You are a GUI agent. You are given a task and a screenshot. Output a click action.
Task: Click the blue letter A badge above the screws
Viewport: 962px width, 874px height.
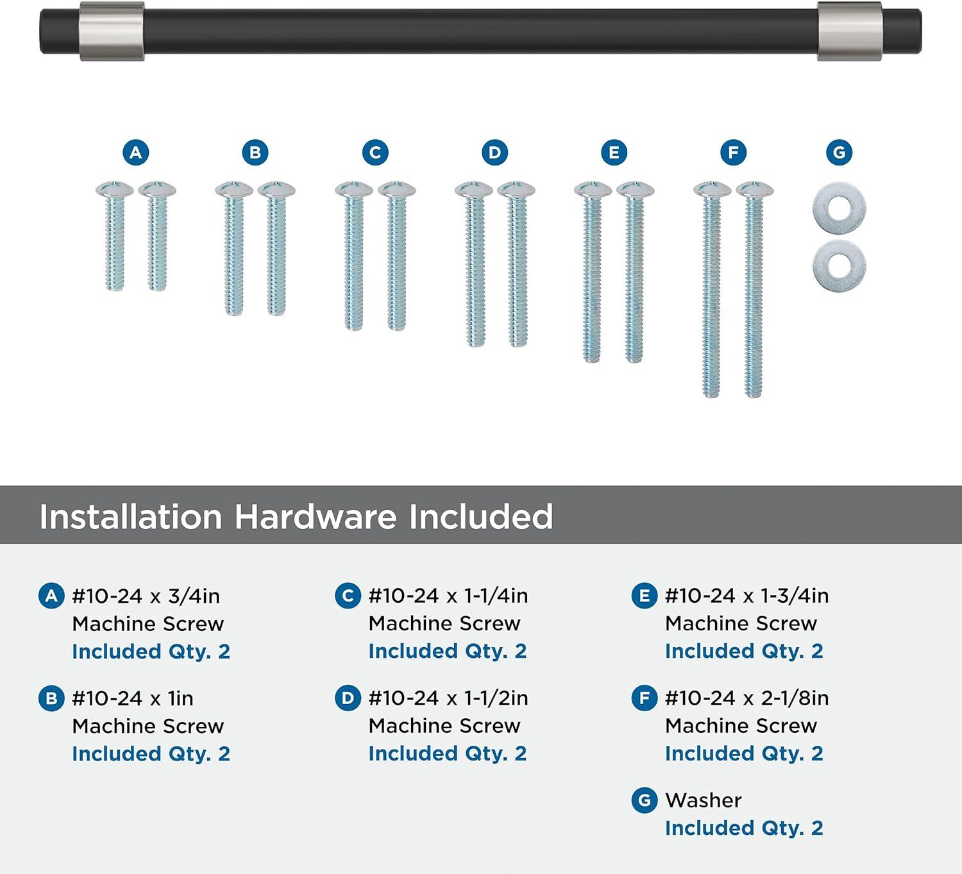[136, 153]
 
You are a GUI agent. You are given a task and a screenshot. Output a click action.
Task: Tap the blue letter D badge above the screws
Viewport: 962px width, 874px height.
[494, 153]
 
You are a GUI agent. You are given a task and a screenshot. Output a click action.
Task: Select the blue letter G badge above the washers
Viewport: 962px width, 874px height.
[840, 153]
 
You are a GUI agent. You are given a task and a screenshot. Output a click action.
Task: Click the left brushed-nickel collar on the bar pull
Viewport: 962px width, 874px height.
[112, 31]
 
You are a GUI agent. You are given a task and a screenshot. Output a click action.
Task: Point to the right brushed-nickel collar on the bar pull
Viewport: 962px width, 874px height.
[850, 31]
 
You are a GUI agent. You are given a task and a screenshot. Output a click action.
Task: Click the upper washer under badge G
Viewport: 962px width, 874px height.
[840, 208]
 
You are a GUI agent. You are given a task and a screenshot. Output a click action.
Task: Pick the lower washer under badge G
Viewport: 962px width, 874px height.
[840, 265]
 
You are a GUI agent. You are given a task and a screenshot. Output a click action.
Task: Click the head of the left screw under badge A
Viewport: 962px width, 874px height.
[115, 189]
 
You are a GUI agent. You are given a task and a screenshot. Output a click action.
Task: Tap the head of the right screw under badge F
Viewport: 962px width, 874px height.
[754, 189]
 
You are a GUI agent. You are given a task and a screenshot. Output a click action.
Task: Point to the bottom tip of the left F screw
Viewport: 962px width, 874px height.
[711, 397]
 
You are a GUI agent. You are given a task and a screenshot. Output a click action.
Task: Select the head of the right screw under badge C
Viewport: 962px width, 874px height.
[396, 189]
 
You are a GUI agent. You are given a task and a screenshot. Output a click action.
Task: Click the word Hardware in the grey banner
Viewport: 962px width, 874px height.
[315, 517]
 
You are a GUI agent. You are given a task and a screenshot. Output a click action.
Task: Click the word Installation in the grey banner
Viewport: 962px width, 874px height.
[130, 517]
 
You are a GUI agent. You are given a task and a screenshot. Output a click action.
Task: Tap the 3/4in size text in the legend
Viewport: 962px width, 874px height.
[194, 596]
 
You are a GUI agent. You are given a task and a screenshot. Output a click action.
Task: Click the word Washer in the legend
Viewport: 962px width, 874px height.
[704, 800]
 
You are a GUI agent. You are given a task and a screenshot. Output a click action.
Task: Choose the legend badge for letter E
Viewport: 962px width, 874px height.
[645, 596]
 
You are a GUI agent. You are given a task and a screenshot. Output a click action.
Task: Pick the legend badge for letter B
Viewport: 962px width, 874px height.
[51, 698]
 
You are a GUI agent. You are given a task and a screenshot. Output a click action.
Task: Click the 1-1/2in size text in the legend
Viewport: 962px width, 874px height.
[496, 698]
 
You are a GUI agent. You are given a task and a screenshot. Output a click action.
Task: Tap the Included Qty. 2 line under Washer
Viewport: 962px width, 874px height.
[745, 828]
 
